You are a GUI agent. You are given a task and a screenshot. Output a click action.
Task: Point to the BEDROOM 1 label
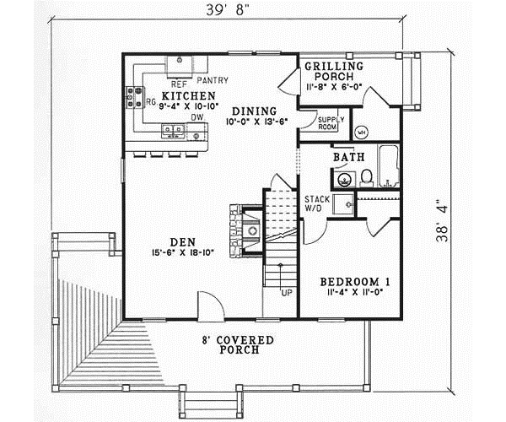click(353, 281)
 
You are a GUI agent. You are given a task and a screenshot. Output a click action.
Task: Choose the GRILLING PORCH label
click(334, 73)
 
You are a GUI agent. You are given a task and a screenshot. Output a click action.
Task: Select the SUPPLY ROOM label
click(328, 125)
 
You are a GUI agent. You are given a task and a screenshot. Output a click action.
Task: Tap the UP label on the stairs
click(287, 293)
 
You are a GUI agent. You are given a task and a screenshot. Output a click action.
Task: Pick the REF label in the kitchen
click(179, 84)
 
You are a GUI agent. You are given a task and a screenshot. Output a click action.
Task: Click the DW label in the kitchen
click(196, 116)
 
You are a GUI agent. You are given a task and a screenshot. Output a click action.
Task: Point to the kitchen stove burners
click(133, 99)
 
